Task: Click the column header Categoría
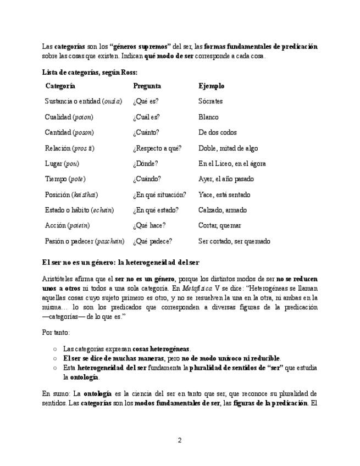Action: pyautogui.click(x=60, y=86)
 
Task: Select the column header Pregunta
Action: pyautogui.click(x=147, y=86)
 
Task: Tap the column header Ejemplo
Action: pyautogui.click(x=211, y=86)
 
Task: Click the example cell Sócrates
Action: pyautogui.click(x=211, y=102)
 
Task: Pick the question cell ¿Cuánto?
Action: pyautogui.click(x=146, y=132)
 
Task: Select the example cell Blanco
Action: pyautogui.click(x=208, y=117)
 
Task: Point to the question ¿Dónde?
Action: pyautogui.click(x=145, y=164)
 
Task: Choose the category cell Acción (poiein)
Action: pyautogui.click(x=67, y=225)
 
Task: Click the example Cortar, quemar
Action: pyautogui.click(x=220, y=225)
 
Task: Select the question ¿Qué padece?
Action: pyautogui.click(x=152, y=241)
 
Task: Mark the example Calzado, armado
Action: pyautogui.click(x=223, y=210)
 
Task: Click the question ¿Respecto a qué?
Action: pyautogui.click(x=157, y=148)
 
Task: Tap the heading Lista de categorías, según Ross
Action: pyautogui.click(x=90, y=72)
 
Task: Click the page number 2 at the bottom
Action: pyautogui.click(x=180, y=440)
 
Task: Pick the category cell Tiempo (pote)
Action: pyautogui.click(x=65, y=179)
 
